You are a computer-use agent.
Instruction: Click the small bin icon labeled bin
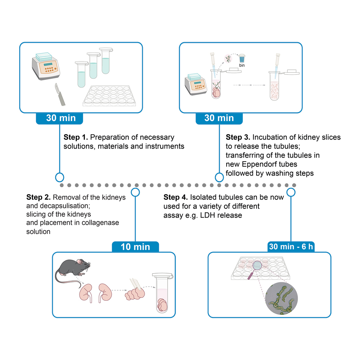(x=242, y=59)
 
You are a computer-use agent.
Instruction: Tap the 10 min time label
(x=135, y=247)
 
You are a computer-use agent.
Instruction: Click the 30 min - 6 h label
(x=291, y=247)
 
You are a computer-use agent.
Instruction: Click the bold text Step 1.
(x=76, y=137)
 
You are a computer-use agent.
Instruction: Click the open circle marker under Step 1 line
(x=59, y=177)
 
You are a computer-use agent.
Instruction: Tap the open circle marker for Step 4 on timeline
(x=290, y=192)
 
